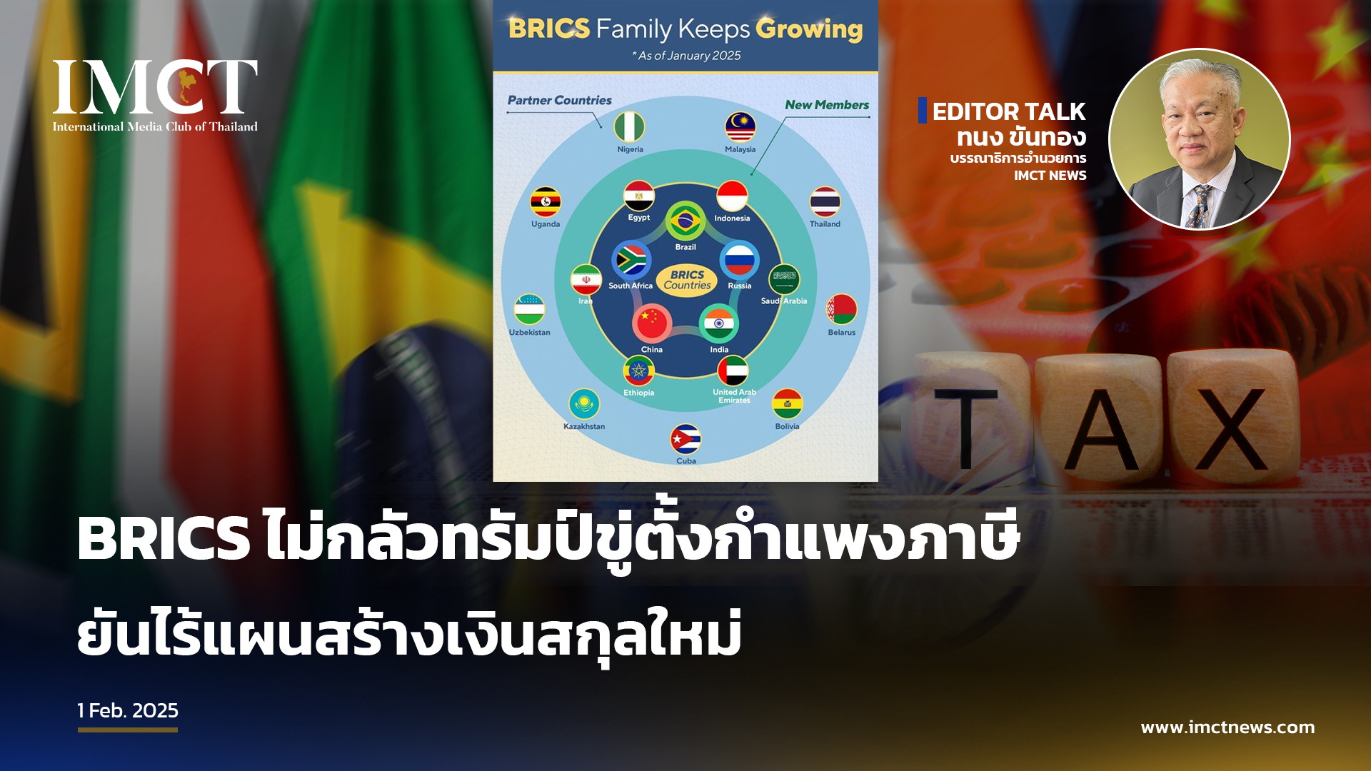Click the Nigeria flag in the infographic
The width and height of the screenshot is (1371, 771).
pyautogui.click(x=630, y=127)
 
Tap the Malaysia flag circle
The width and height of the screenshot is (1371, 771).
pyautogui.click(x=740, y=127)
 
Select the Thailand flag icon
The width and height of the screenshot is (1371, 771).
pyautogui.click(x=825, y=202)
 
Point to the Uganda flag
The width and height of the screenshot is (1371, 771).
pyautogui.click(x=546, y=202)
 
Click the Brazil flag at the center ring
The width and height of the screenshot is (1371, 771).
pyautogui.click(x=685, y=221)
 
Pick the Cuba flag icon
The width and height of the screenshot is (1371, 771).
pyautogui.click(x=685, y=440)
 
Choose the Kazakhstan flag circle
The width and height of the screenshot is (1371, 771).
pyautogui.click(x=584, y=405)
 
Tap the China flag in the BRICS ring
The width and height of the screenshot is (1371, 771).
pyautogui.click(x=651, y=323)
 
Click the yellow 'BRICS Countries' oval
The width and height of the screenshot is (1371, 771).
pyautogui.click(x=687, y=280)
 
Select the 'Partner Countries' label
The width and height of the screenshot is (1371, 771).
pyautogui.click(x=560, y=101)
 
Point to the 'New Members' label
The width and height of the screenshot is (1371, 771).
pyautogui.click(x=827, y=105)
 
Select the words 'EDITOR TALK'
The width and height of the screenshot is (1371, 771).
pyautogui.click(x=1008, y=111)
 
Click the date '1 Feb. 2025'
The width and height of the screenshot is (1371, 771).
pyautogui.click(x=128, y=711)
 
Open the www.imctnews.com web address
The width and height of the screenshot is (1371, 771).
pyautogui.click(x=1227, y=727)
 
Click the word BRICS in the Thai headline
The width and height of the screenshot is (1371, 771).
pyautogui.click(x=164, y=538)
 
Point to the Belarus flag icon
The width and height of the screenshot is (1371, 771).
pyautogui.click(x=841, y=310)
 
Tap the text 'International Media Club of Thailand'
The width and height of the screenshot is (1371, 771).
pyautogui.click(x=155, y=126)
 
